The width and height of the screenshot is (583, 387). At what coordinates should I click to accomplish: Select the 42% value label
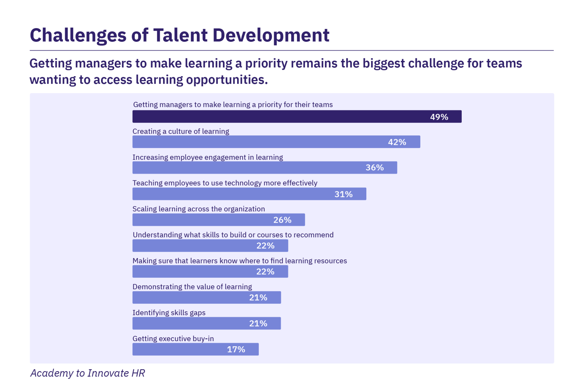(x=397, y=142)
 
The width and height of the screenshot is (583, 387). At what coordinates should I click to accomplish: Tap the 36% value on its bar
(x=374, y=168)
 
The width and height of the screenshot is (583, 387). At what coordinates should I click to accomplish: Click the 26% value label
(x=282, y=220)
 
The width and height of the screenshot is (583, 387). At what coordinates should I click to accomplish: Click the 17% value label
(x=236, y=349)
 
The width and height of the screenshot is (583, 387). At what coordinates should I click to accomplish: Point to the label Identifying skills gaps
(x=169, y=313)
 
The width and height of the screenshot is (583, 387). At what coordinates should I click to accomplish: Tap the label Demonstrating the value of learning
(x=192, y=287)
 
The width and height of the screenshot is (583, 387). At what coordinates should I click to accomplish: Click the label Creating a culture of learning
(x=181, y=131)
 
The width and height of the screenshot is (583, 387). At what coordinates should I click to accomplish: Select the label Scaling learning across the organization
(x=198, y=209)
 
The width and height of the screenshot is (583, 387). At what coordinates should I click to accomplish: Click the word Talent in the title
(x=180, y=35)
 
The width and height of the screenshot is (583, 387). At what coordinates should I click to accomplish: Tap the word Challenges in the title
(x=78, y=35)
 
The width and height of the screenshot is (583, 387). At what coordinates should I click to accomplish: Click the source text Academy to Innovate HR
(x=88, y=373)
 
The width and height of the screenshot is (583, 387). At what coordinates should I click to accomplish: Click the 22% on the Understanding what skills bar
(x=265, y=246)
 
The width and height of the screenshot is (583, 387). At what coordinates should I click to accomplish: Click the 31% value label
(x=343, y=194)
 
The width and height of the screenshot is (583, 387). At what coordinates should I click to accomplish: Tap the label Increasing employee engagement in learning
(x=208, y=157)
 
